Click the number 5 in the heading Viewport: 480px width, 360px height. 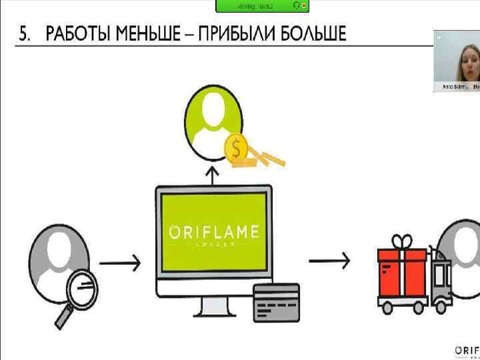point(24,34)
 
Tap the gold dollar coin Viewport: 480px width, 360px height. point(236,149)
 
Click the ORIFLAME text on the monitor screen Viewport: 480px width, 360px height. point(214,233)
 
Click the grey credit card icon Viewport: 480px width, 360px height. point(276,301)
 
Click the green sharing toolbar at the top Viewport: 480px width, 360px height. point(262,6)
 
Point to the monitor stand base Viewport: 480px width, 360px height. point(213,313)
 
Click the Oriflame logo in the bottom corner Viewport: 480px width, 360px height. point(467,351)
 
